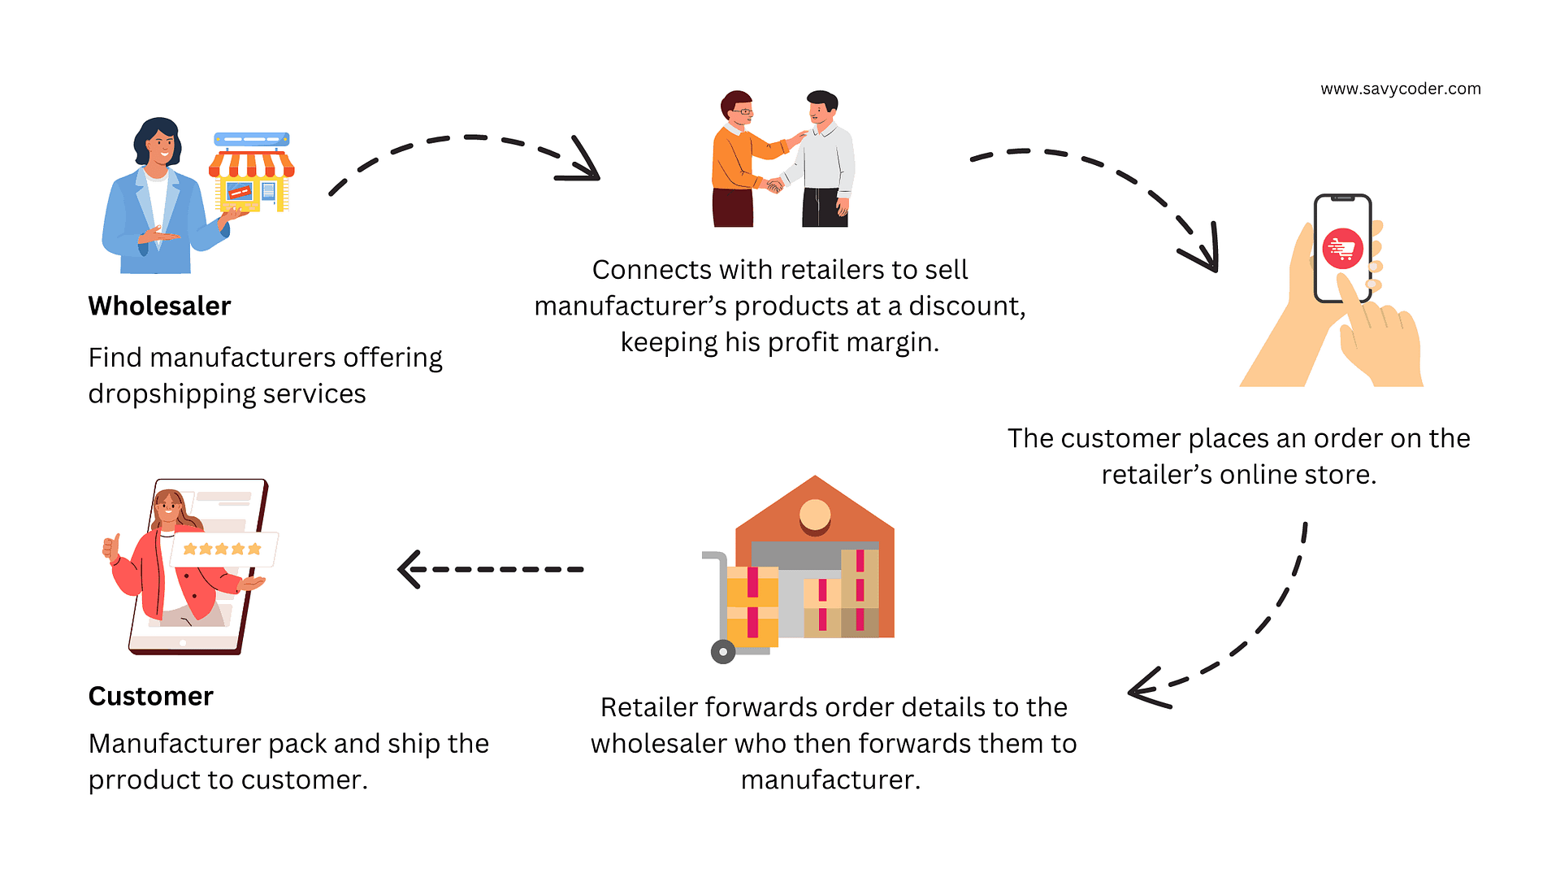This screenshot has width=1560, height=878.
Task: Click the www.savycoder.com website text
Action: pos(1400,89)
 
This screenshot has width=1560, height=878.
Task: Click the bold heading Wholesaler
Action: pos(159,306)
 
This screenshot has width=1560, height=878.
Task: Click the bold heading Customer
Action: pos(150,696)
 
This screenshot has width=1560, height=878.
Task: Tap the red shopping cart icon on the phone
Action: pos(1342,249)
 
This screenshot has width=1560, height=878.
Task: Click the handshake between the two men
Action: pos(773,185)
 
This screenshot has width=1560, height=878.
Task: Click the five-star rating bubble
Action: pos(223,550)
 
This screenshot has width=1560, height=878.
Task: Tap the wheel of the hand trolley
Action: pos(722,651)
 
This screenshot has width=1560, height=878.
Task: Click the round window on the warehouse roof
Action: pos(814,514)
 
